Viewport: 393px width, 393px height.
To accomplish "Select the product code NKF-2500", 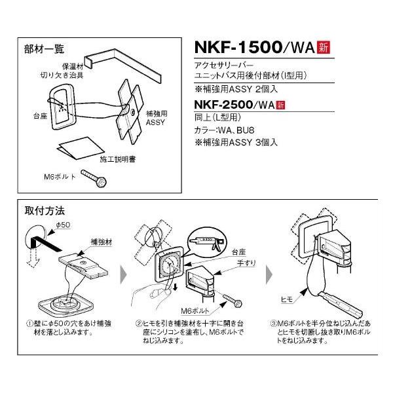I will (x=229, y=105).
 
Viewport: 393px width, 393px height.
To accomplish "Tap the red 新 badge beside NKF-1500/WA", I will (x=322, y=47).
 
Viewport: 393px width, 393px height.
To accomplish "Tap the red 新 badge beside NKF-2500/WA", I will (x=281, y=105).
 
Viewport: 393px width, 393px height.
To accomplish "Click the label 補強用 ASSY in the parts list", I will (x=156, y=118).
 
